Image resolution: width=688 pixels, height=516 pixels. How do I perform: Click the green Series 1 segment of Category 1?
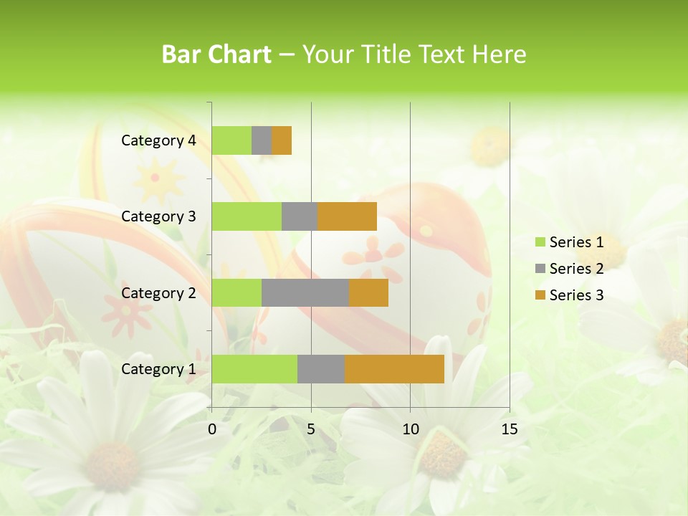tap(254, 369)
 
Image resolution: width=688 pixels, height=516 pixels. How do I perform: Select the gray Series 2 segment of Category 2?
tap(305, 292)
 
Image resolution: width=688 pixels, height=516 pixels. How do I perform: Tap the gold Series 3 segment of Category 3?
tap(347, 216)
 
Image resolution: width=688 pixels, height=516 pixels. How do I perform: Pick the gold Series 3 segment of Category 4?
tap(282, 140)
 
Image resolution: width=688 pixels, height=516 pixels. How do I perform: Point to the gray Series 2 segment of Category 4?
tap(262, 140)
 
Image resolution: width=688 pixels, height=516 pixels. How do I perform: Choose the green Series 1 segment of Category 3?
tap(247, 216)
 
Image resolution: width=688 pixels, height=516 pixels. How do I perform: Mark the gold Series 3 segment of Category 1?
tap(394, 369)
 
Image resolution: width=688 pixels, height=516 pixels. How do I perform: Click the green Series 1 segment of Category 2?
tap(236, 292)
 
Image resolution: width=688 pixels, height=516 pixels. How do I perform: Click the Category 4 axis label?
tap(158, 140)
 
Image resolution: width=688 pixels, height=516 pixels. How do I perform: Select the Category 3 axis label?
tap(158, 216)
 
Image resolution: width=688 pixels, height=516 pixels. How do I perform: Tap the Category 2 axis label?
tap(158, 292)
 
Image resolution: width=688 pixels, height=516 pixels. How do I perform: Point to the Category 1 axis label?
tap(158, 369)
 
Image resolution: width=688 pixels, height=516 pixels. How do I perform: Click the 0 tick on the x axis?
tap(212, 429)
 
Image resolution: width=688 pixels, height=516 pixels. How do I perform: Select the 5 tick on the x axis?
tap(311, 429)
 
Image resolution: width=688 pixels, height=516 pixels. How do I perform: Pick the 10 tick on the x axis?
tap(410, 429)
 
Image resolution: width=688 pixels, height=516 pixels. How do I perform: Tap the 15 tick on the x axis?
tap(509, 429)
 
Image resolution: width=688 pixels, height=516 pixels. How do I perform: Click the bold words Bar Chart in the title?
tap(216, 54)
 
